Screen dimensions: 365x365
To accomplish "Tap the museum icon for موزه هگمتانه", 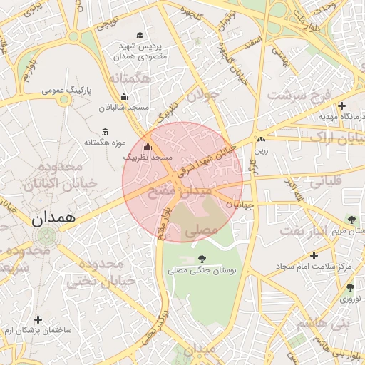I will [x=106, y=132].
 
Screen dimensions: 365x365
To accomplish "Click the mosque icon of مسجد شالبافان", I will [x=124, y=96].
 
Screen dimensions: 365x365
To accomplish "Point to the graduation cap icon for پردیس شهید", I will [x=140, y=35].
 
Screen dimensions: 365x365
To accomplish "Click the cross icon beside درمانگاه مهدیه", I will [x=341, y=106].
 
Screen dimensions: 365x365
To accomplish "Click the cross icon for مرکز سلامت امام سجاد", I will [x=314, y=255].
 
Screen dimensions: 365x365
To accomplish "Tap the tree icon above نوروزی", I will [x=349, y=287].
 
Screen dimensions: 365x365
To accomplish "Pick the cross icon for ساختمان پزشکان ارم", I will [x=38, y=320].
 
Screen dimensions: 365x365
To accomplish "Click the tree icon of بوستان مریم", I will [x=350, y=218].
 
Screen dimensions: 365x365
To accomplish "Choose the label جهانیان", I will [x=240, y=205].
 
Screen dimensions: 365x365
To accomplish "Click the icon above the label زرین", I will [x=262, y=140].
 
